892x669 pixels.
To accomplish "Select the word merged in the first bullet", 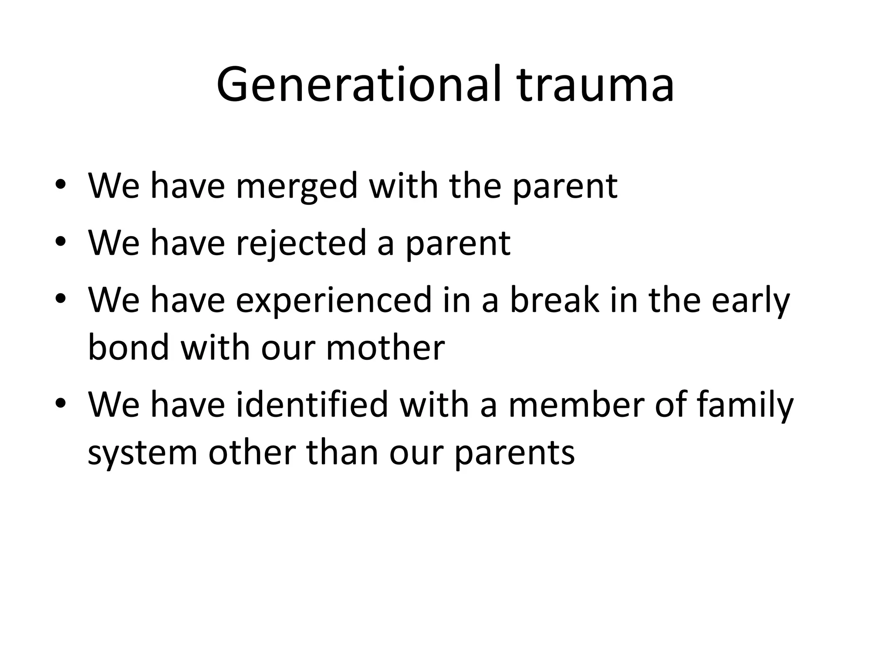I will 297,186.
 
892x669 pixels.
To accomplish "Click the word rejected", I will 301,243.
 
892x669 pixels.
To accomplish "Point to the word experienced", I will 333,301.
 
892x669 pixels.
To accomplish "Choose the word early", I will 750,301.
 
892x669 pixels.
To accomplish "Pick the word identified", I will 312,404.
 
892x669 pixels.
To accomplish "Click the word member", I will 576,404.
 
